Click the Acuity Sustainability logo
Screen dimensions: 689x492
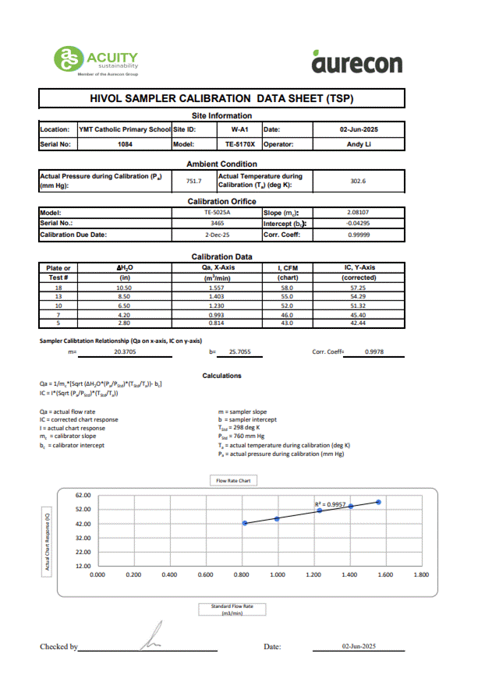coord(96,60)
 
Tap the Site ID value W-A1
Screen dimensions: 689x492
coord(239,129)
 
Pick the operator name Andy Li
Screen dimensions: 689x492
coord(359,144)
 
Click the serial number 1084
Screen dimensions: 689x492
coord(125,144)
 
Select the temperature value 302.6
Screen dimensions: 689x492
coord(358,181)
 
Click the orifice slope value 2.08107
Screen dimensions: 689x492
coord(358,212)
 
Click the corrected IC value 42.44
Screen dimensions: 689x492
coord(359,322)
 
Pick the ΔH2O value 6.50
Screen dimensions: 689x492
coord(123,305)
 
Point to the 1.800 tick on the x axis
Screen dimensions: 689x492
coord(421,574)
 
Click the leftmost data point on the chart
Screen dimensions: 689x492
coord(245,523)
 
